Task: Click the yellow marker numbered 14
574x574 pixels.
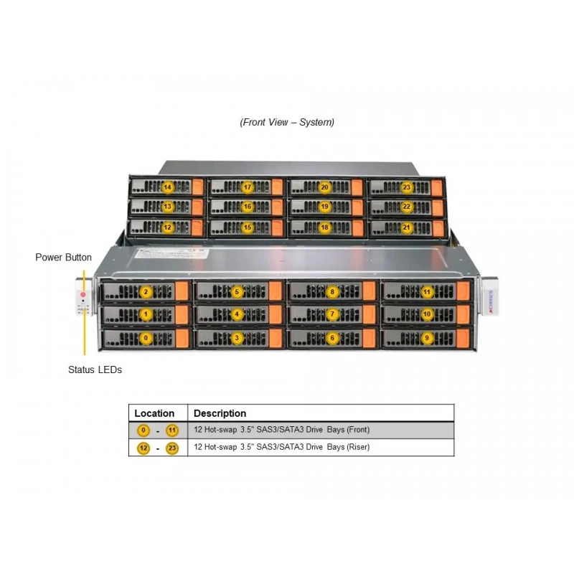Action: (x=167, y=187)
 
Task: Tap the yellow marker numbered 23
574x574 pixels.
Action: (x=406, y=187)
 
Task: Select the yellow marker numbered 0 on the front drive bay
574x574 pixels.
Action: (x=146, y=338)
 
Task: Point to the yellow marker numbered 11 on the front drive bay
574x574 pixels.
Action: (x=427, y=292)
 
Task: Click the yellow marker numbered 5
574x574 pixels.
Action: (x=237, y=292)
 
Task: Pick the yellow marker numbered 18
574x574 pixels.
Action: (x=325, y=227)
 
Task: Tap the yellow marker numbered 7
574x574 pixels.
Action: (x=332, y=314)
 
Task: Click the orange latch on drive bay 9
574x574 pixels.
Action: (x=463, y=339)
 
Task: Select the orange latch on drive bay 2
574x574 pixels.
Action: (x=182, y=291)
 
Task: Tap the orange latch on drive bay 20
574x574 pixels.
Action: (x=357, y=187)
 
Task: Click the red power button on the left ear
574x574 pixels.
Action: (x=83, y=295)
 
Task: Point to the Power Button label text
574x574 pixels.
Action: (x=63, y=258)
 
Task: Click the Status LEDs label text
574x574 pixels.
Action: (x=95, y=370)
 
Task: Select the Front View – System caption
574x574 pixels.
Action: (x=287, y=122)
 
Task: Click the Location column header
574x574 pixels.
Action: (x=154, y=413)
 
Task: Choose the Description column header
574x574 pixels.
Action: (x=220, y=413)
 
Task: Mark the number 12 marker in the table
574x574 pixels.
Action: (x=143, y=448)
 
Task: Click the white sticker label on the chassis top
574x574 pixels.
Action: (x=172, y=253)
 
